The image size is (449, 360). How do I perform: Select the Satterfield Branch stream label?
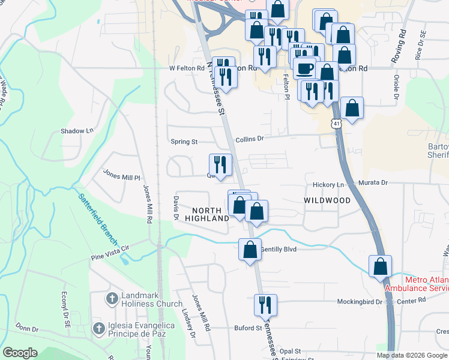pyautogui.click(x=97, y=214)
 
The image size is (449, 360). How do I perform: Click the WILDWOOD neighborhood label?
pyautogui.click(x=327, y=200)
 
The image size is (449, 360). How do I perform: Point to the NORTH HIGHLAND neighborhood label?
pyautogui.click(x=211, y=214)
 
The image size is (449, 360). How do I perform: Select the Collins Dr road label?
pyautogui.click(x=250, y=139)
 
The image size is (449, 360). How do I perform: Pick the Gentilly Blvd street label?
pyautogui.click(x=280, y=248)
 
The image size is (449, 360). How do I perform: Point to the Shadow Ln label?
pyautogui.click(x=77, y=131)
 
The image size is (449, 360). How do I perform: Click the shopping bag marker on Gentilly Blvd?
pyautogui.click(x=250, y=248)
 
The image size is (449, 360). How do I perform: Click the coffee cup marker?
pyautogui.click(x=304, y=68)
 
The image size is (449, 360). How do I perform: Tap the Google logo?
pyautogui.click(x=20, y=353)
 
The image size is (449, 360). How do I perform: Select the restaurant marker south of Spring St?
pyautogui.click(x=220, y=164)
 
